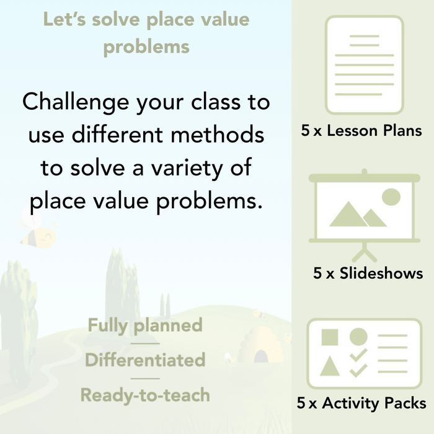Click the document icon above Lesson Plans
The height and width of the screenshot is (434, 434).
click(365, 65)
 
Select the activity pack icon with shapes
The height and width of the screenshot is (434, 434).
click(365, 353)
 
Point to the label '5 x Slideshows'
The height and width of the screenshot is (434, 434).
click(368, 273)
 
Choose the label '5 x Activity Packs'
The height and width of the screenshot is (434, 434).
click(361, 404)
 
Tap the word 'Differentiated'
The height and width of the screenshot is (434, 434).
click(145, 360)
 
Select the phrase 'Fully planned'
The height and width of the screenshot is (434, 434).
click(145, 325)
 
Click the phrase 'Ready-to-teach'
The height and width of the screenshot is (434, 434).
click(145, 395)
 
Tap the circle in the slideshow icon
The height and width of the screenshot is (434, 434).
click(391, 197)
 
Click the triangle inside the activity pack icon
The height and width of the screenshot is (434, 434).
click(330, 367)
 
